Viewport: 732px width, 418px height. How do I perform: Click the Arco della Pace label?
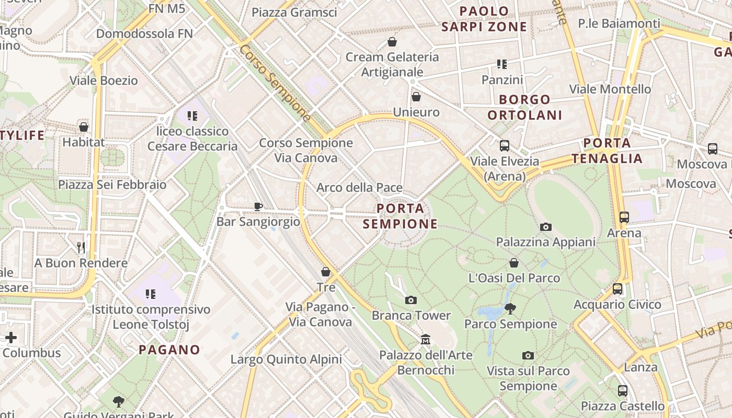360,188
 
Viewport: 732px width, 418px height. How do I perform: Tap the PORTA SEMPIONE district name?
401,216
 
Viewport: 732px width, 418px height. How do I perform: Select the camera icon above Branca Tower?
411,300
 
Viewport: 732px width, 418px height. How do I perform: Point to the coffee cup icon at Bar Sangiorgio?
258,206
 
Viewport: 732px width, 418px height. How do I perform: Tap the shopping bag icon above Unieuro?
416,97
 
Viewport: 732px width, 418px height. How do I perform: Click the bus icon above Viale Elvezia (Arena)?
505,146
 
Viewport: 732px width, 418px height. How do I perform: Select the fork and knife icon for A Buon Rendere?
81,248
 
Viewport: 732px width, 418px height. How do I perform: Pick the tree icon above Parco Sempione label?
510,309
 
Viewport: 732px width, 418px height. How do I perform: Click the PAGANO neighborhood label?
169,350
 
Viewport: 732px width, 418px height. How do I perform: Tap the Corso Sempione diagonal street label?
275,83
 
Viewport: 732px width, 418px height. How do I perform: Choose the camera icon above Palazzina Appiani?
546,227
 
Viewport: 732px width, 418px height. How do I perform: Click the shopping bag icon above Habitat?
84,127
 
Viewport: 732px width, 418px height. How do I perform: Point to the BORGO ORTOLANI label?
525,107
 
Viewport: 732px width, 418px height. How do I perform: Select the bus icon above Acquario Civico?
617,288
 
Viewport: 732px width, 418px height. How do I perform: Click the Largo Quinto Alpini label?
286,359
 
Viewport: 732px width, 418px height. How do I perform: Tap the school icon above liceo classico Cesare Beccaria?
192,115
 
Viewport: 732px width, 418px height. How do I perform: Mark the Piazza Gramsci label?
294,13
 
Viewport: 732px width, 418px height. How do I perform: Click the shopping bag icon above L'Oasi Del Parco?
514,263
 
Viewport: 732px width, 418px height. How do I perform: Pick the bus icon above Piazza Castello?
622,390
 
